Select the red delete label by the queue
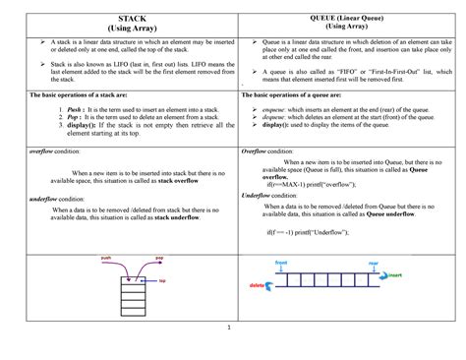258,286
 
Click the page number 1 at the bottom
227,329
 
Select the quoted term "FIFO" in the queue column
324,71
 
